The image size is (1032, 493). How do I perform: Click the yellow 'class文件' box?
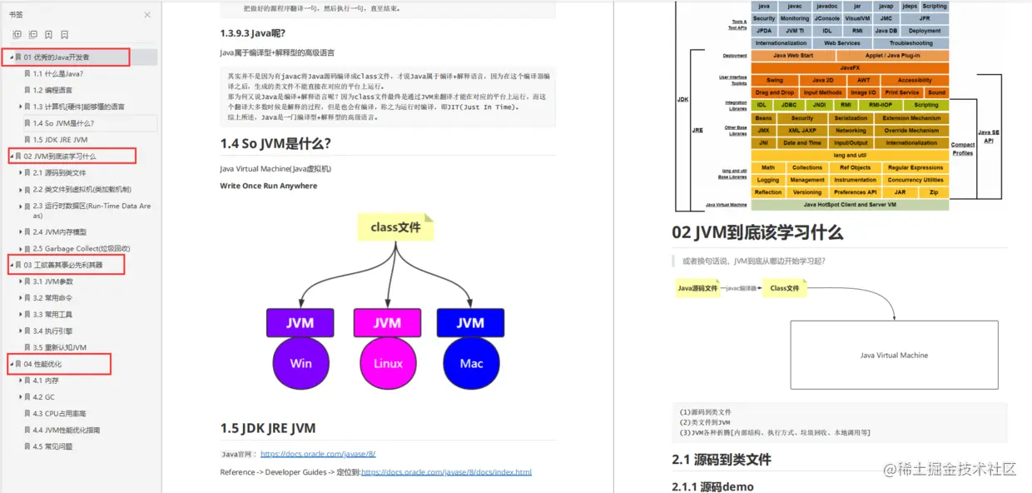395,227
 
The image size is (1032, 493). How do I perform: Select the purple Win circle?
300,363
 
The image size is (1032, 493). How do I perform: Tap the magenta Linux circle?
387,363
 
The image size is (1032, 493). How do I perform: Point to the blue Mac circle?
471,363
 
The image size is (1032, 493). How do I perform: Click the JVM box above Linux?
387,323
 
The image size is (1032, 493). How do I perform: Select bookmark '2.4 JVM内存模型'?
59,232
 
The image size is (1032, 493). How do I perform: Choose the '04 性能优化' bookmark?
42,364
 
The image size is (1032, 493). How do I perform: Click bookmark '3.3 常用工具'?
52,315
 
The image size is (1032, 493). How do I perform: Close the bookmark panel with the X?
147,15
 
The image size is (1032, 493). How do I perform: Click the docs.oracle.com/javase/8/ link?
318,454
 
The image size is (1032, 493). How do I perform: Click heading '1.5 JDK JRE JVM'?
267,428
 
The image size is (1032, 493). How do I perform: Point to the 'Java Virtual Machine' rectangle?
894,355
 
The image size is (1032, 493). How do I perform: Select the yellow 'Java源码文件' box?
697,288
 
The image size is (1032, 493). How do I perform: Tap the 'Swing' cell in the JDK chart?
774,81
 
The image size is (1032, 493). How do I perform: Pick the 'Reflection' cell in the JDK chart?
768,192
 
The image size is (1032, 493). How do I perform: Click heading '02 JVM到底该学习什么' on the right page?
757,232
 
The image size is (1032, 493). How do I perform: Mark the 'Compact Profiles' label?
963,149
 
